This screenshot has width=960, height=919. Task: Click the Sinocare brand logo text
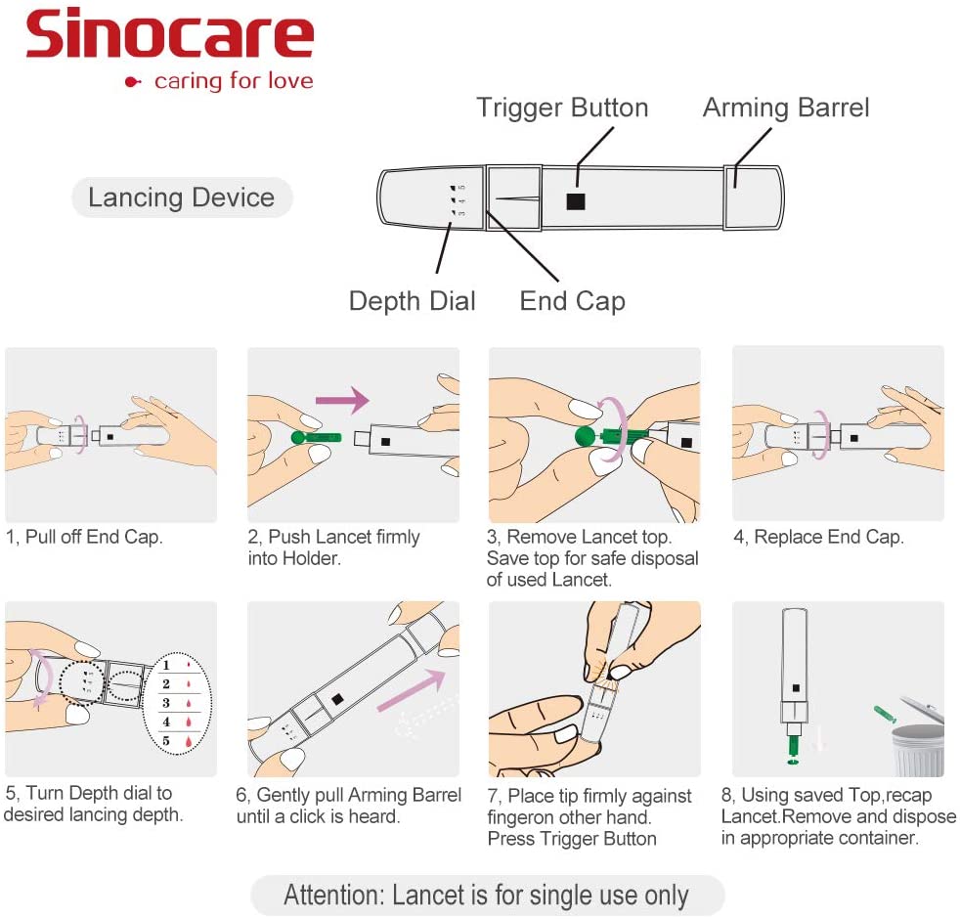pos(169,36)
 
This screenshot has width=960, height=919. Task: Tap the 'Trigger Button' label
pos(562,108)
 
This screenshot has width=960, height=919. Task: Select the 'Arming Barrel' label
pos(786,108)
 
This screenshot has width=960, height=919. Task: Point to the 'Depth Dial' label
pos(412,300)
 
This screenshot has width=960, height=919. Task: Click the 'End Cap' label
pos(572,300)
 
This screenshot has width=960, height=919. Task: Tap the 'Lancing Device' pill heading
pos(181,197)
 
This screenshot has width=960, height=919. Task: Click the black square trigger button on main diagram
pos(576,200)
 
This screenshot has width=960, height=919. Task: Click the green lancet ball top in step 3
pos(585,436)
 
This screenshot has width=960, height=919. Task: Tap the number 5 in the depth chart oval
pos(166,740)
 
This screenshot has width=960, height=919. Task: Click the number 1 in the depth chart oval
pos(166,665)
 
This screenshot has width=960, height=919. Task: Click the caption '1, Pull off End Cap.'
pos(84,537)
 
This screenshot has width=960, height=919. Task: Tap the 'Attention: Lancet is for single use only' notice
pos(486,895)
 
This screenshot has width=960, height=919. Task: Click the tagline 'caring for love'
pos(233,80)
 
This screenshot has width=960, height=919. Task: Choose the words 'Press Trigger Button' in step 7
pos(572,839)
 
